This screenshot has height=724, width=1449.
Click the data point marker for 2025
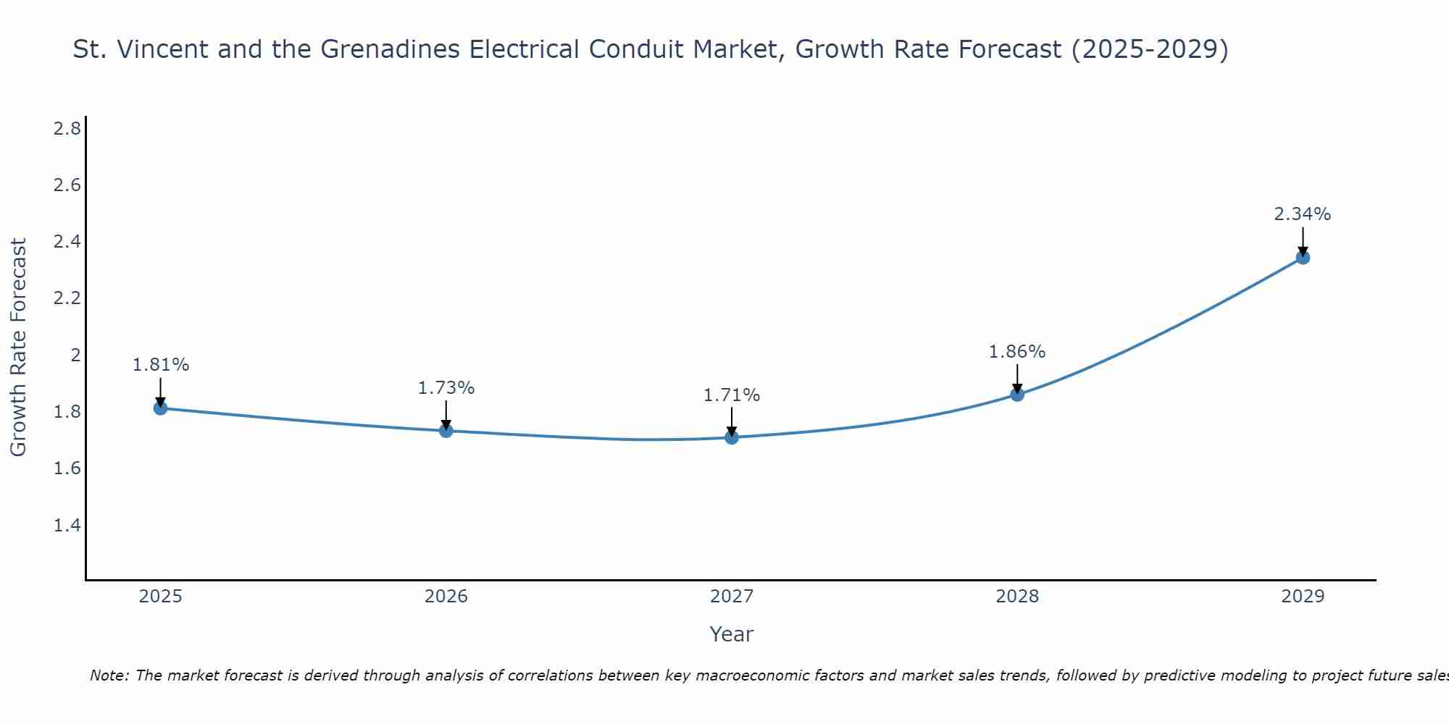click(161, 408)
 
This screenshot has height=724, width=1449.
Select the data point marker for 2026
click(446, 431)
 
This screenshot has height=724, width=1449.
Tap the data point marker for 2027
click(732, 437)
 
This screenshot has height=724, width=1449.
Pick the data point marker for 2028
click(1017, 395)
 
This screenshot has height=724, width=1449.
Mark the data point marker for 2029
click(1303, 257)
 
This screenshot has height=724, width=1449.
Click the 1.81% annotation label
click(161, 365)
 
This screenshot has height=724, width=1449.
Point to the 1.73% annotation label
click(446, 388)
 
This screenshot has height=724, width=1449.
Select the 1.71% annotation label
click(732, 395)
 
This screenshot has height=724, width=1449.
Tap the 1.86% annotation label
click(1017, 352)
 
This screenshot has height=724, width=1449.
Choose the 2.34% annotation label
click(1303, 214)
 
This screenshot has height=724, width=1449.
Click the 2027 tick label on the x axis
click(732, 597)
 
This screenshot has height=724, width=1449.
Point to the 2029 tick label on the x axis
click(1303, 597)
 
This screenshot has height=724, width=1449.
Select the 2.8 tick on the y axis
click(67, 130)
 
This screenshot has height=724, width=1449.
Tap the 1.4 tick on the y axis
click(67, 526)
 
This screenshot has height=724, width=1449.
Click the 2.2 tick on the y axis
click(67, 299)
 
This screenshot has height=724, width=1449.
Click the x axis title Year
click(732, 634)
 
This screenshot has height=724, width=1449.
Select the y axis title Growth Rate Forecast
click(19, 348)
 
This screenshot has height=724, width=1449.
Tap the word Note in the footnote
click(109, 676)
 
